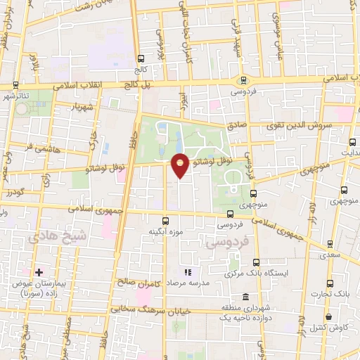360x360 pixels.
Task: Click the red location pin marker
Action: point(181,165)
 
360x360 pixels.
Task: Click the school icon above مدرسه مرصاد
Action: point(187,272)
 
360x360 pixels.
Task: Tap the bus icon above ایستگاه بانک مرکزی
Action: point(256,262)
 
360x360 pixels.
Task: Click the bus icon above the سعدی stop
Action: point(330,244)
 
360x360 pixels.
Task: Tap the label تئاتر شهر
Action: point(15,94)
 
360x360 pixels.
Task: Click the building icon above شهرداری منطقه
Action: point(245,297)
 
